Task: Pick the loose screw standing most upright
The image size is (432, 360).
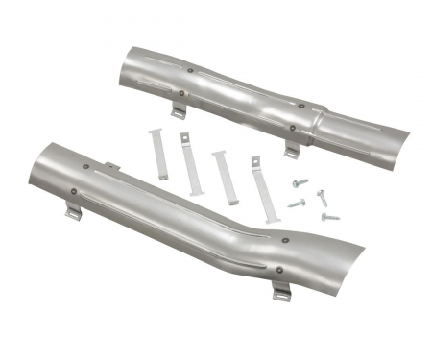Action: pyautogui.click(x=322, y=197)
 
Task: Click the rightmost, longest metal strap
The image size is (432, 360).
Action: pyautogui.click(x=260, y=187)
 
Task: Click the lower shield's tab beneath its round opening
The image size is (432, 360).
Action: pyautogui.click(x=73, y=212)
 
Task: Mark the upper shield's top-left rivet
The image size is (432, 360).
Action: pyautogui.click(x=192, y=70)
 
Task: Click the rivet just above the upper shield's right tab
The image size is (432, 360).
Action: pyautogui.click(x=292, y=128)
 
